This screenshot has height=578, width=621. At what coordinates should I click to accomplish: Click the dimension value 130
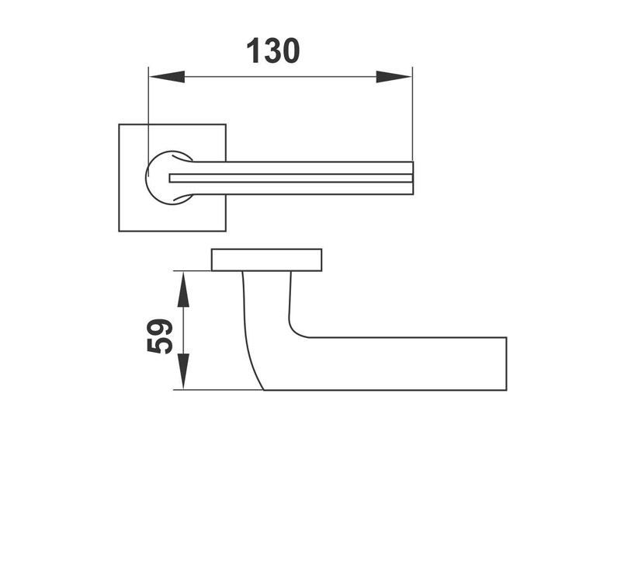pyautogui.click(x=272, y=51)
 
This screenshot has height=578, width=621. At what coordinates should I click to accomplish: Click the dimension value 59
pyautogui.click(x=161, y=336)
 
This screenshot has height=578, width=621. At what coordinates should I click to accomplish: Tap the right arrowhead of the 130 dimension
pyautogui.click(x=394, y=77)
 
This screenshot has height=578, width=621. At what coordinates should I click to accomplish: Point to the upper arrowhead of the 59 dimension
pyautogui.click(x=183, y=288)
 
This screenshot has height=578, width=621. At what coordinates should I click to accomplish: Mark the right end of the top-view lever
pyautogui.click(x=411, y=178)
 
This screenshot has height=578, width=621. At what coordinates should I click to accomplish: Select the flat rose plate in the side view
pyautogui.click(x=266, y=260)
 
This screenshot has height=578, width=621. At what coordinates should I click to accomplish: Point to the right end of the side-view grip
pyautogui.click(x=505, y=364)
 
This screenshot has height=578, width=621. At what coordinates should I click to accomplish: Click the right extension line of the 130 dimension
pyautogui.click(x=412, y=117)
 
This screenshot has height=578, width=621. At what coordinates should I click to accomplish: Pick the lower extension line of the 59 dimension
pyautogui.click(x=217, y=390)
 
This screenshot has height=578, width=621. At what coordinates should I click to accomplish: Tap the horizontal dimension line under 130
pyautogui.click(x=279, y=77)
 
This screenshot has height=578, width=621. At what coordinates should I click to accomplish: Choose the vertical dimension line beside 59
pyautogui.click(x=183, y=330)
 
